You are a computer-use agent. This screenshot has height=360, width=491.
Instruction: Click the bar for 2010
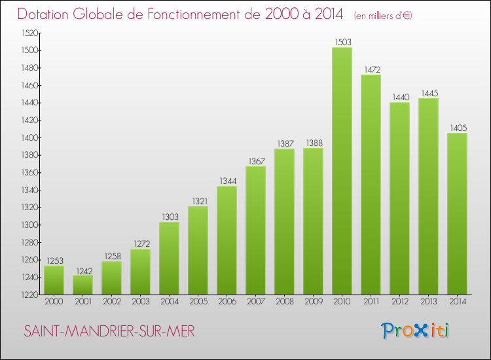(342, 171)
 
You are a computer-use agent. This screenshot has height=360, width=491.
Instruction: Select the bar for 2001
(82, 285)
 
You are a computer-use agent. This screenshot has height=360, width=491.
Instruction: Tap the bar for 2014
(457, 214)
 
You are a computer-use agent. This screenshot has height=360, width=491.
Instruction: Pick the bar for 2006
(227, 240)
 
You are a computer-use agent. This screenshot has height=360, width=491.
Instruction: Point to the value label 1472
(371, 69)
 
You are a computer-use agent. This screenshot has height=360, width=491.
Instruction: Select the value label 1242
(82, 271)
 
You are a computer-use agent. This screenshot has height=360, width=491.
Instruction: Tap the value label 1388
(313, 143)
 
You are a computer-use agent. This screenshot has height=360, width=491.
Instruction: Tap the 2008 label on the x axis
(284, 302)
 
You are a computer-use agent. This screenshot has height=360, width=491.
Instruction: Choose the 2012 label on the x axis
(399, 302)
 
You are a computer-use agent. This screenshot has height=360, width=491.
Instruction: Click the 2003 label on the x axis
(140, 302)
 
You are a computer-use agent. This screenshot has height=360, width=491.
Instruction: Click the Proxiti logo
(416, 331)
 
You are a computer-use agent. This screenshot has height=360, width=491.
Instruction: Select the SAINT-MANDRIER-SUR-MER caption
(109, 332)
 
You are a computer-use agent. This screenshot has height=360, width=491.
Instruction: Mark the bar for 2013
(428, 196)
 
